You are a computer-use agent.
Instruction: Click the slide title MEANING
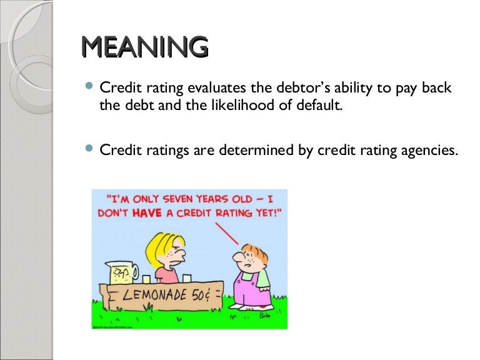click(x=144, y=47)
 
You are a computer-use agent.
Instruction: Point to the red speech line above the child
click(x=229, y=234)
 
